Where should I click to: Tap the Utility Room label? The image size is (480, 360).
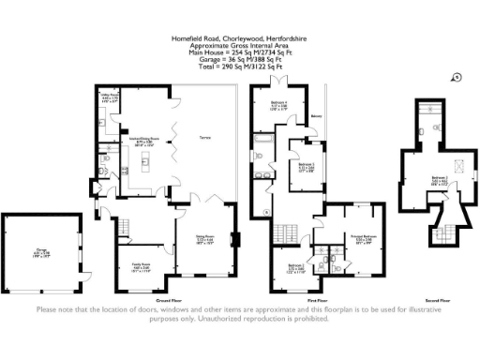pyautogui.click(x=109, y=97)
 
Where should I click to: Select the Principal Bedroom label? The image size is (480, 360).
pyautogui.click(x=364, y=238)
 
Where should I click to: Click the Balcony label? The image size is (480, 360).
pyautogui.click(x=317, y=118)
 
